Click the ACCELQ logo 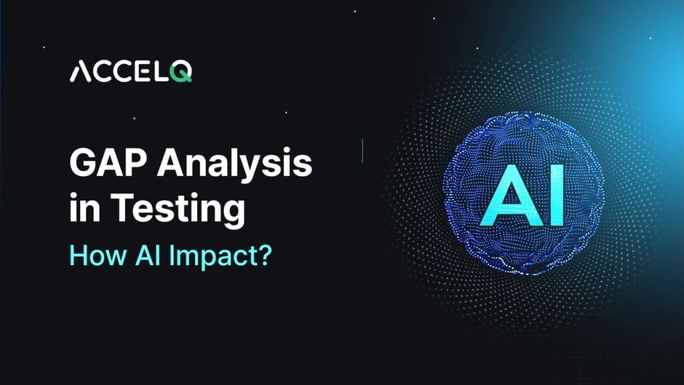click(131, 72)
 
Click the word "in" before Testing click(83, 210)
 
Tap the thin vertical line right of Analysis click(362, 150)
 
